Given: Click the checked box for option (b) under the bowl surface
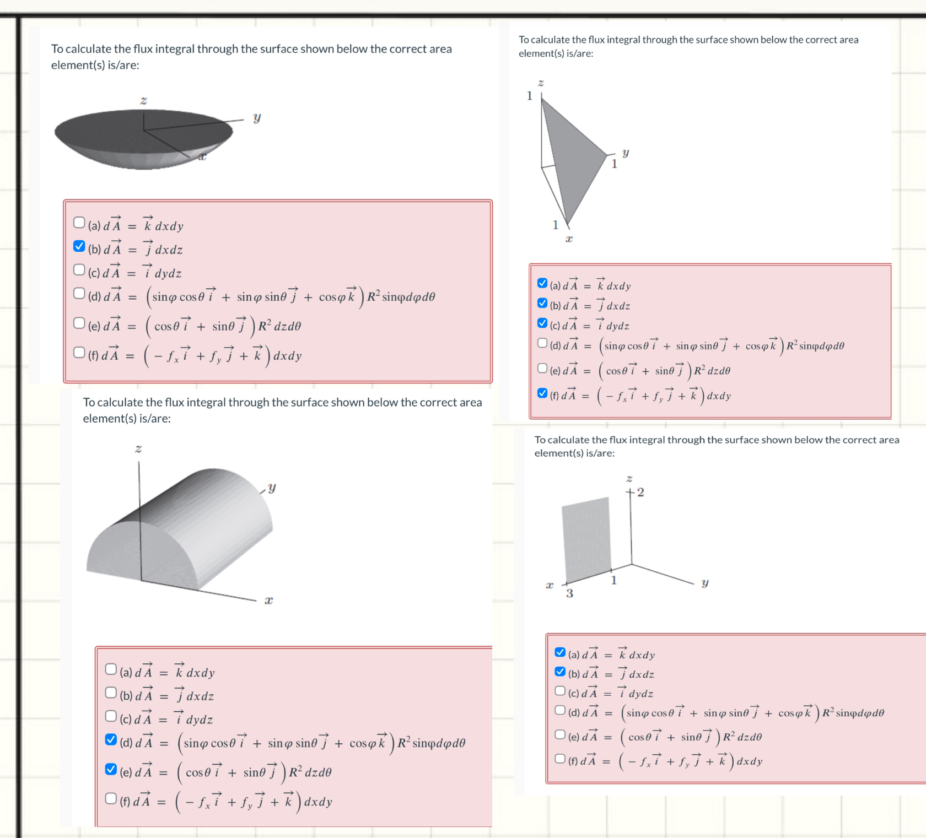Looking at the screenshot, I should [79, 246].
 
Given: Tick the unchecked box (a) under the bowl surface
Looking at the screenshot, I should [79, 222].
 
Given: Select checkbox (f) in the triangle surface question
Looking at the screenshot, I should [542, 393].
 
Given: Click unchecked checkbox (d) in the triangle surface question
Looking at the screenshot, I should [542, 343].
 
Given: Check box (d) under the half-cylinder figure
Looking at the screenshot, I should [111, 739].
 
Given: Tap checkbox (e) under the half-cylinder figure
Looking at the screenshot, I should [111, 769].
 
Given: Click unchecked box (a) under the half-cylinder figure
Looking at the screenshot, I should [111, 669].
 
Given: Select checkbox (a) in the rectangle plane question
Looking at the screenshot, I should [560, 652].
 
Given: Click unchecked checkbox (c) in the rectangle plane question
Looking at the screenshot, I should [560, 690].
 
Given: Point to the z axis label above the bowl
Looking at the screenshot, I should [143, 100].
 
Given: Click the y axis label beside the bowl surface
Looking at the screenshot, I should [257, 117].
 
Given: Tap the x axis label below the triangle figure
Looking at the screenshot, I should [569, 239].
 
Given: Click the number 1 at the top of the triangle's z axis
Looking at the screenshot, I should [530, 96].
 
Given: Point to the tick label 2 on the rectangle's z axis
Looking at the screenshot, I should [640, 492].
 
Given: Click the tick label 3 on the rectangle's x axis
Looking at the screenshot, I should [569, 593].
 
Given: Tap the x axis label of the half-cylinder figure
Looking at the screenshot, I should [268, 600].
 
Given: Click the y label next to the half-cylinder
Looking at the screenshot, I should [272, 488].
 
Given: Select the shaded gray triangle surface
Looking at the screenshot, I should [573, 160].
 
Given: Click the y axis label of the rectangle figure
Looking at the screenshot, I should [704, 582].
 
